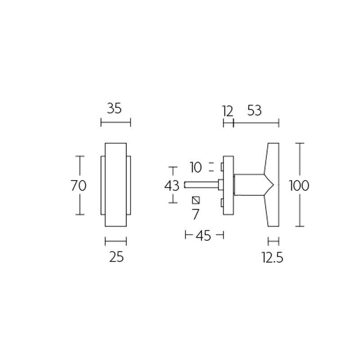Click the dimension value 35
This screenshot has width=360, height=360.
click(x=114, y=108)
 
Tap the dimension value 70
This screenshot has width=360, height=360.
click(x=79, y=185)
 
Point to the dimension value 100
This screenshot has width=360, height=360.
click(x=299, y=185)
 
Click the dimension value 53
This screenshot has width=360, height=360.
click(x=254, y=111)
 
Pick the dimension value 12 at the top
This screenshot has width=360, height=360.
click(x=228, y=111)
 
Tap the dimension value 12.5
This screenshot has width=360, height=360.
click(x=272, y=257)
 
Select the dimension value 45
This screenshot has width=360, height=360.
click(x=204, y=235)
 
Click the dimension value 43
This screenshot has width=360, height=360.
click(x=172, y=185)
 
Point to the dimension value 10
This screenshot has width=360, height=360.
click(x=196, y=168)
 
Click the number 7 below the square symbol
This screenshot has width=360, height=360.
click(x=195, y=214)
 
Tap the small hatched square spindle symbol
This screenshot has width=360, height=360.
click(x=195, y=200)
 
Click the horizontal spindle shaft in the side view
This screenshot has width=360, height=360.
click(x=200, y=184)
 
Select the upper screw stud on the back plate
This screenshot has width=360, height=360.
click(x=222, y=167)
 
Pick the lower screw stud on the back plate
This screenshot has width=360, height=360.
click(x=222, y=203)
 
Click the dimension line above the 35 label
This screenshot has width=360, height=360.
click(x=115, y=122)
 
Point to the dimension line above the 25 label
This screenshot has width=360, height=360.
click(x=115, y=241)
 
